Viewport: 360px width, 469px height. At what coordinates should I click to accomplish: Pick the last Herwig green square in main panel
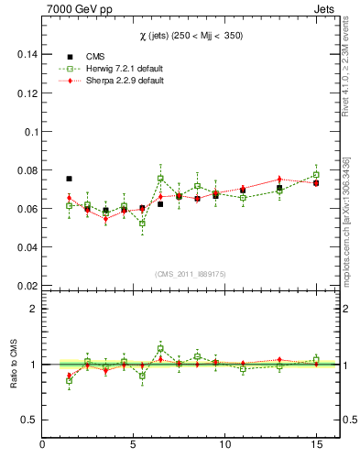(316, 174)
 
